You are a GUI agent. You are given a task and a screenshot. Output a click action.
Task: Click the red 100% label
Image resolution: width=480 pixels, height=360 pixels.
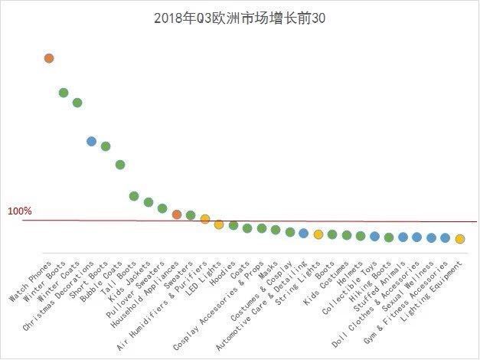(20, 211)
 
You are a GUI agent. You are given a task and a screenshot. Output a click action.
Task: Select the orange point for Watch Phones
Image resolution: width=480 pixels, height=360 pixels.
(49, 58)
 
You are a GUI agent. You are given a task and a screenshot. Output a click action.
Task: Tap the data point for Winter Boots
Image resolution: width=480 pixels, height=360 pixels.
(64, 93)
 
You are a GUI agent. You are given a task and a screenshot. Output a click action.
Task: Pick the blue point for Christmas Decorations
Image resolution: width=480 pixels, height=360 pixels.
(92, 142)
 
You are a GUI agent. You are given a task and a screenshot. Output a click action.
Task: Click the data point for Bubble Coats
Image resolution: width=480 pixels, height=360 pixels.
(120, 165)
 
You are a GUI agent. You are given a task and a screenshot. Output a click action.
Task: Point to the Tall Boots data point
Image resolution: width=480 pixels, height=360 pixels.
(134, 196)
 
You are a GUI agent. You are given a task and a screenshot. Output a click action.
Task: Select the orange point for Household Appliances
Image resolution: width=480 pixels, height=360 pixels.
(177, 214)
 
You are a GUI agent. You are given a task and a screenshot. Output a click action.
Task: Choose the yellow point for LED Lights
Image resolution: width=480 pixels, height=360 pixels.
(219, 224)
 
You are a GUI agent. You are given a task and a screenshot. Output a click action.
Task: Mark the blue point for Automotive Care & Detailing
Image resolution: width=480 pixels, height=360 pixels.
(304, 233)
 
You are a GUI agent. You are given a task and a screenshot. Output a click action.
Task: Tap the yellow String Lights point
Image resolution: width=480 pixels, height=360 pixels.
(318, 234)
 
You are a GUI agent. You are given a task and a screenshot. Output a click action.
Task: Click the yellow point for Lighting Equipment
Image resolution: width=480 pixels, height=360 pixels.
(460, 239)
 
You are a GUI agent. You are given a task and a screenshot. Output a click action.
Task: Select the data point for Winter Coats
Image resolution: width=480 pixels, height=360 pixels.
(77, 103)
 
